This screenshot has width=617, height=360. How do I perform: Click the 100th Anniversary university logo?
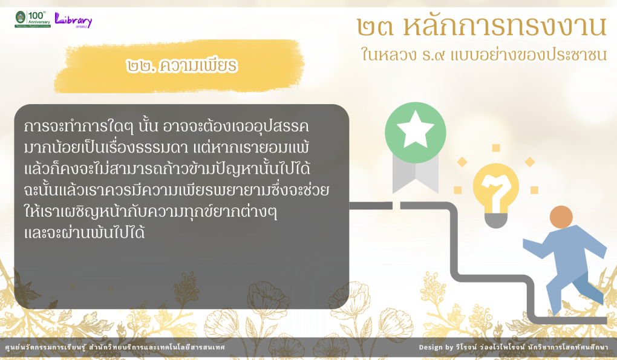point(33,19)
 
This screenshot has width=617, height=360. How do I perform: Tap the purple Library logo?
point(73,20)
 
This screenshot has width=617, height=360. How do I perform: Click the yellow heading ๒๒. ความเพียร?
point(182,66)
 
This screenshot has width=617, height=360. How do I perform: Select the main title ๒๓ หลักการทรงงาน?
point(482,27)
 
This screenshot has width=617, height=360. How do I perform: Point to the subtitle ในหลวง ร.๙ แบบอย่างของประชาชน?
point(483,54)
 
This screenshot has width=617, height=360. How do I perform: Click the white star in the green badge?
point(415,129)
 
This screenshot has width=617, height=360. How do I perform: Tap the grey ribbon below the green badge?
point(415,173)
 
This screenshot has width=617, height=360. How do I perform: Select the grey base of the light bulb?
point(496,220)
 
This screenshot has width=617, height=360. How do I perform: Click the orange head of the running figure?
point(561,217)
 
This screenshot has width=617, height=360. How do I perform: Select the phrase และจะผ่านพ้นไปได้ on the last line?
point(84,232)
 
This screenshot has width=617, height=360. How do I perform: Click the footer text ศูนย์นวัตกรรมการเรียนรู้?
point(45,347)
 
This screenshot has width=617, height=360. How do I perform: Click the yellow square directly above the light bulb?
point(496,148)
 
